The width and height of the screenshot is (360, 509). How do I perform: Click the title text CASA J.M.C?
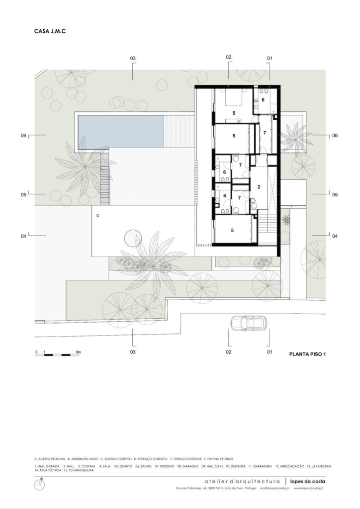(x=50, y=31)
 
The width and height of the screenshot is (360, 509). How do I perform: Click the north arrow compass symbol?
(x=40, y=484)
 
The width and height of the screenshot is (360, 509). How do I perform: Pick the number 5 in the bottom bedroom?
(x=233, y=230)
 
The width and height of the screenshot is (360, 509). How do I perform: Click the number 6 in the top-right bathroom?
(x=264, y=99)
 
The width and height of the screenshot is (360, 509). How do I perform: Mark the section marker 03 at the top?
(x=133, y=59)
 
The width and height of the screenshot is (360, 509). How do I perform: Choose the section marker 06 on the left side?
(x=23, y=135)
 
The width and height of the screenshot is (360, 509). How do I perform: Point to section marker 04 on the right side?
(x=335, y=236)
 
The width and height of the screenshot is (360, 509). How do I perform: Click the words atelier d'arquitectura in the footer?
(x=243, y=481)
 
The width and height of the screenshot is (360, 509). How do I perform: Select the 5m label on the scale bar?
(x=78, y=351)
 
